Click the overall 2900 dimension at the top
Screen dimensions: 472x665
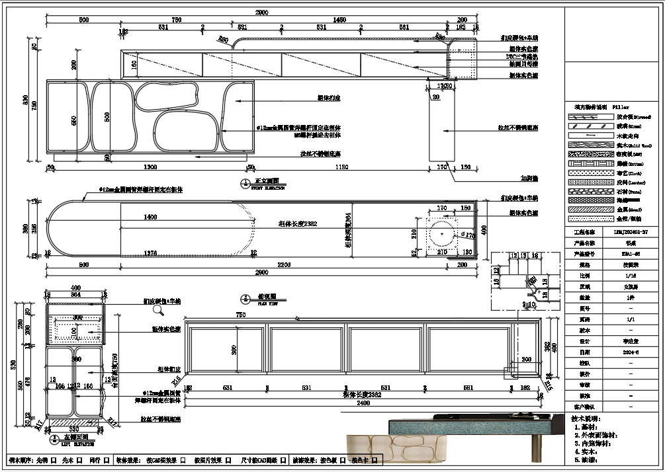[x=263, y=13]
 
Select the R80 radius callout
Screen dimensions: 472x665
[x=224, y=40]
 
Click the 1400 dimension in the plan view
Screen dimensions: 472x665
[x=150, y=217]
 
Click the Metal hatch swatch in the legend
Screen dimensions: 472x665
[x=586, y=209]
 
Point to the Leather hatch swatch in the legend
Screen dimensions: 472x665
[x=586, y=181]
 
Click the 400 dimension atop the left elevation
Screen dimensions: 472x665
[x=75, y=288]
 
